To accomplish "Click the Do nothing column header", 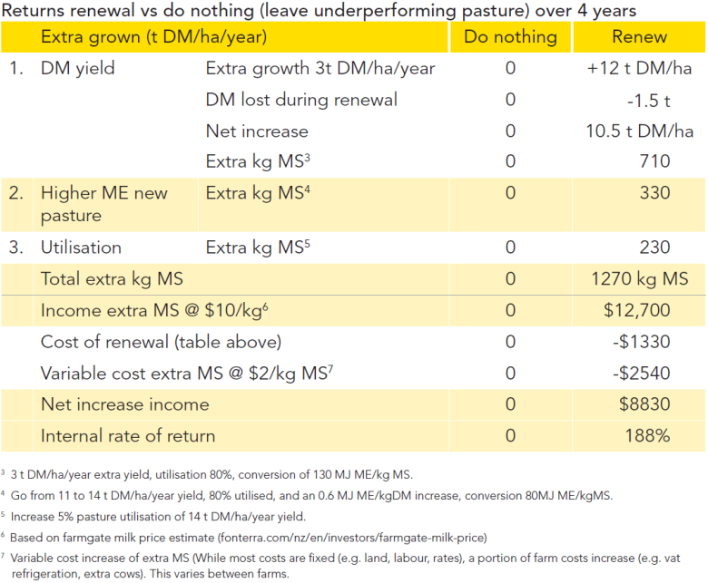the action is click(x=510, y=36).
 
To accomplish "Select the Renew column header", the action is click(x=639, y=36).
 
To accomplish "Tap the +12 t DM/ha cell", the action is click(x=639, y=68).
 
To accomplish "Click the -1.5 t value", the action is click(x=648, y=100).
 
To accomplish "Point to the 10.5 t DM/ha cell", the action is click(x=639, y=131).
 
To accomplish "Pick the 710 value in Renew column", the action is click(x=654, y=161).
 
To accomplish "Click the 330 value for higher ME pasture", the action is click(x=654, y=193).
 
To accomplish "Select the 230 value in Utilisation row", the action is click(x=654, y=248).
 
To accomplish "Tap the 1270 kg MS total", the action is click(x=640, y=279).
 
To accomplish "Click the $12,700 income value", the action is click(x=637, y=310).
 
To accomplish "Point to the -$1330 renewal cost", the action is click(x=642, y=342).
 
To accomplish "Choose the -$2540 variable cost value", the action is click(x=642, y=374).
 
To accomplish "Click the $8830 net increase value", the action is click(x=644, y=404).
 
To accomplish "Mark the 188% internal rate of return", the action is click(x=647, y=435).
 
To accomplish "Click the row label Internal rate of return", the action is click(x=128, y=436).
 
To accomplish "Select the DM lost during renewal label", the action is click(x=301, y=100).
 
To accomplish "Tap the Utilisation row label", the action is click(x=81, y=248).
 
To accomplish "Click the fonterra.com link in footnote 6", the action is click(x=352, y=538).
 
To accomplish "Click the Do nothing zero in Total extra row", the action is click(x=510, y=279).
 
